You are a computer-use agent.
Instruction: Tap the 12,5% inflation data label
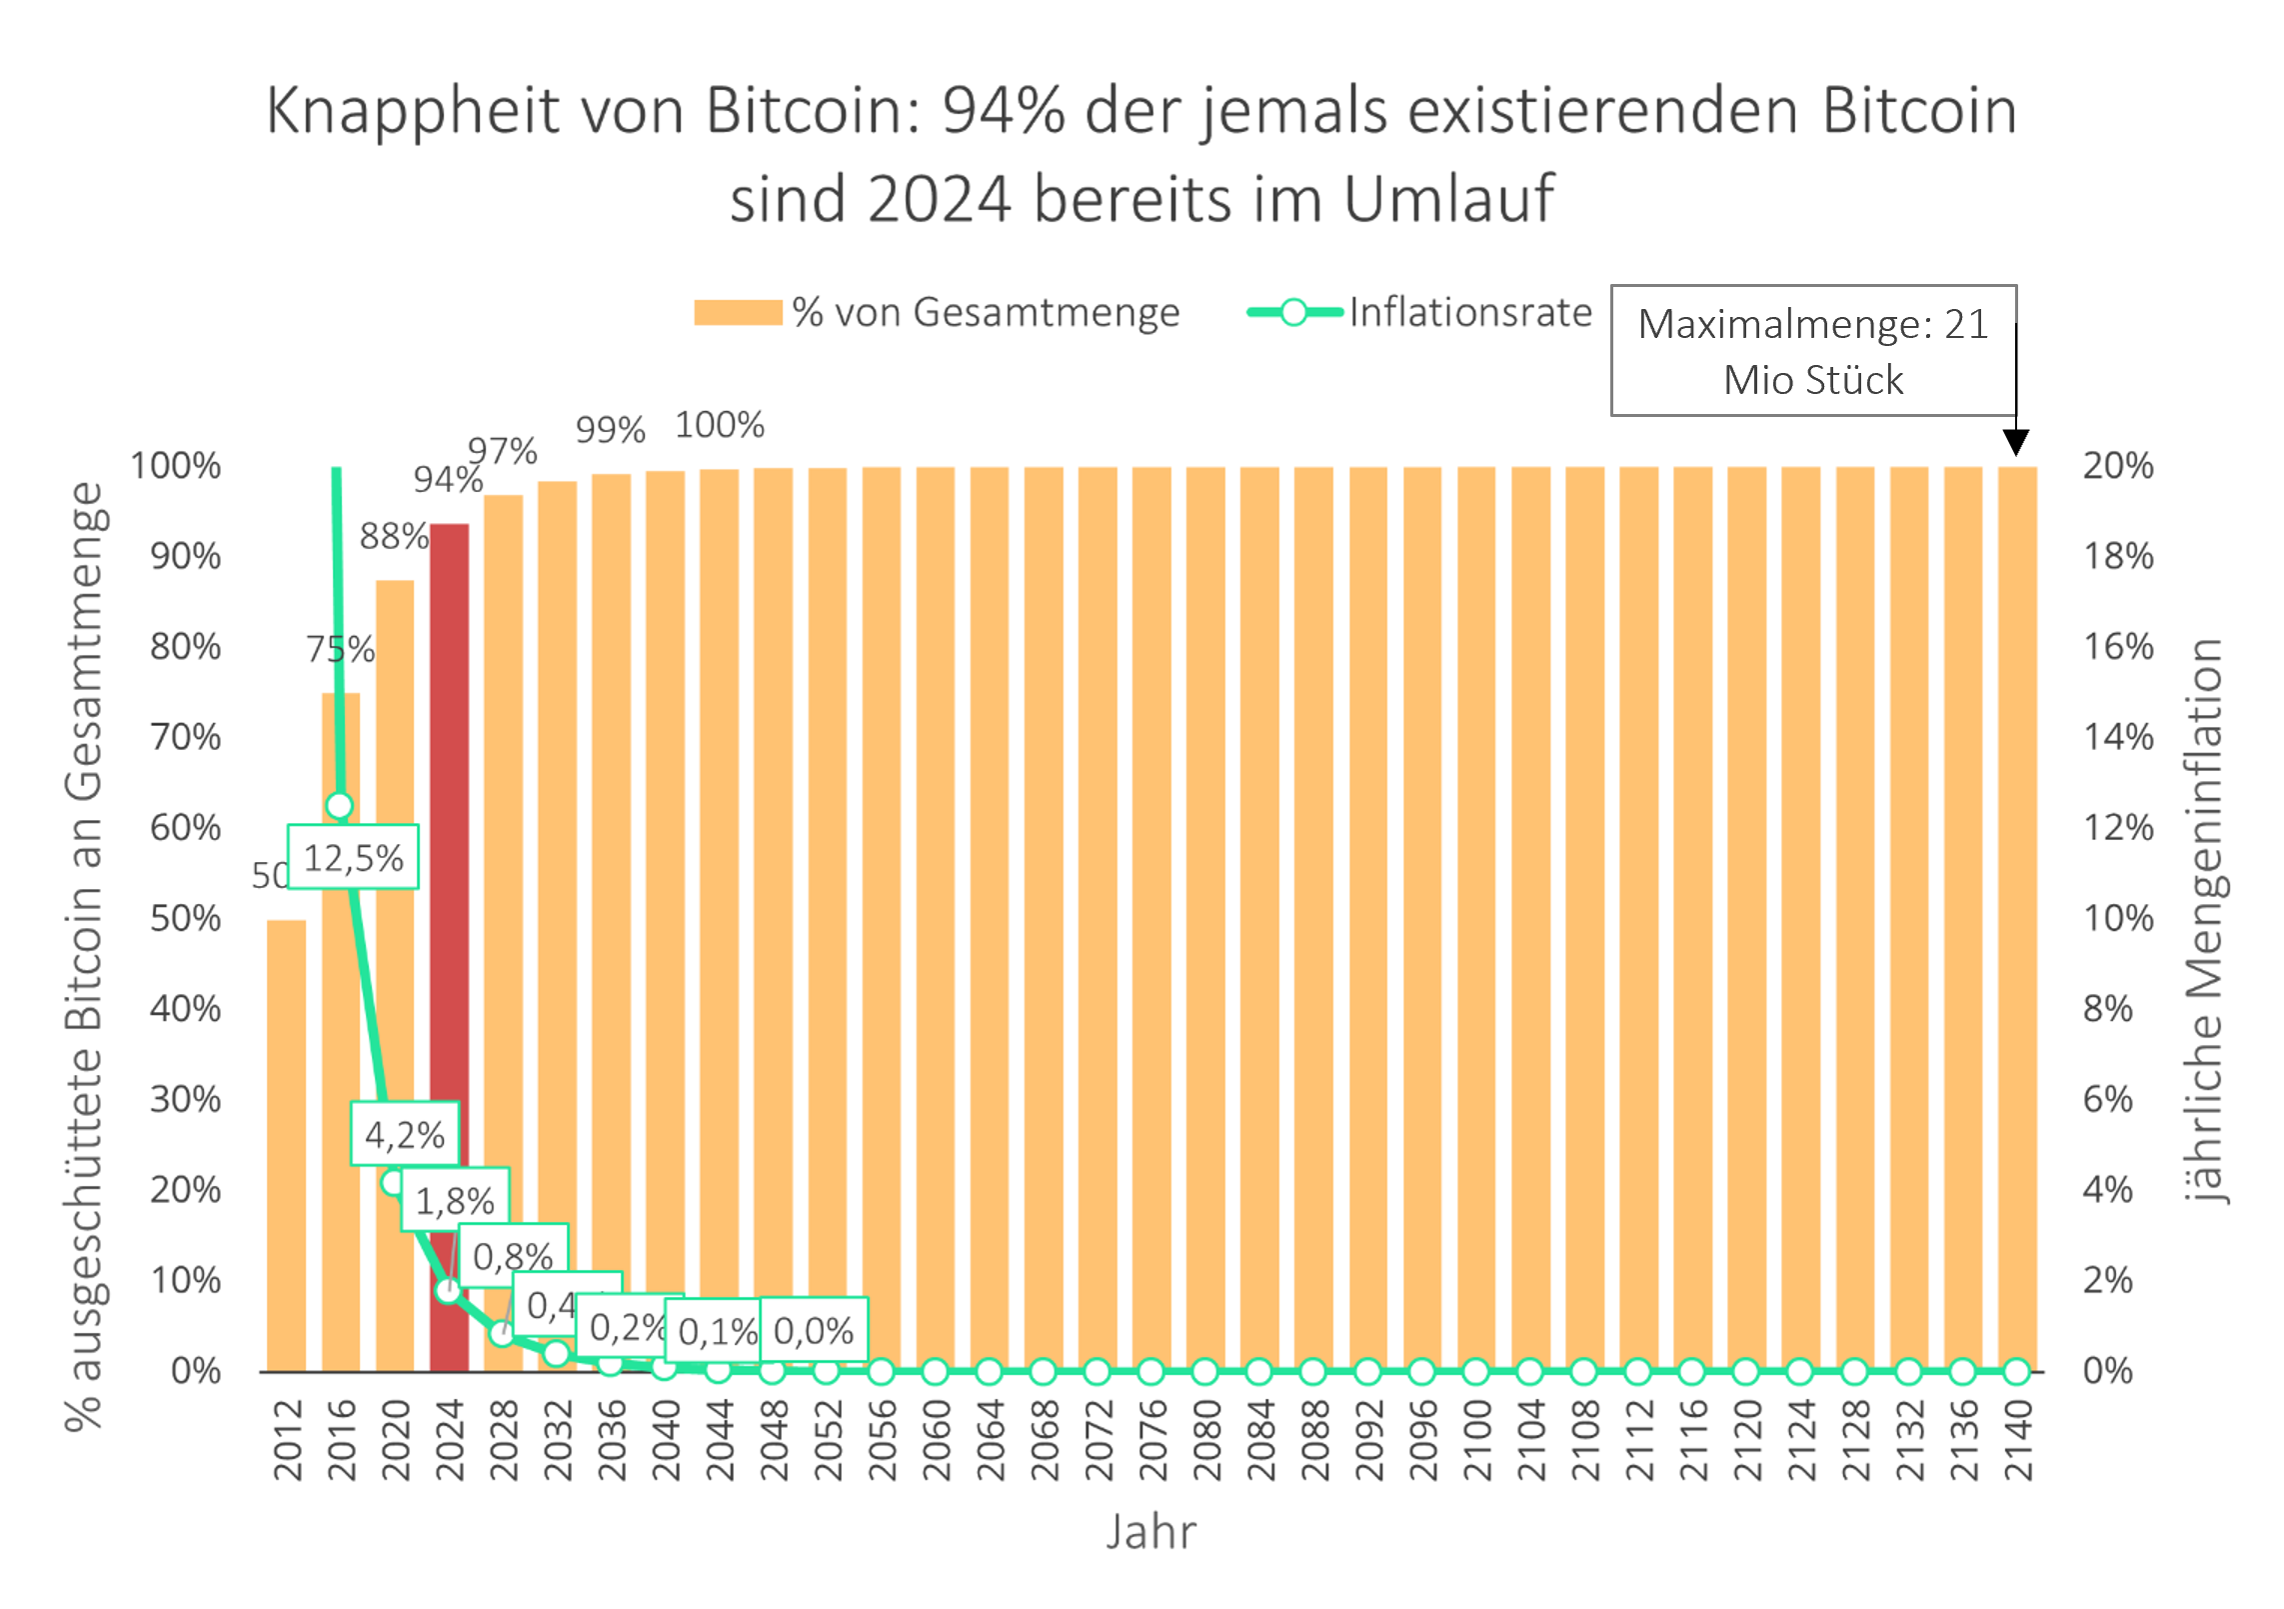click(353, 857)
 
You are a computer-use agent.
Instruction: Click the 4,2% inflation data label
click(405, 1134)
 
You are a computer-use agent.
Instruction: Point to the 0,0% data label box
click(814, 1330)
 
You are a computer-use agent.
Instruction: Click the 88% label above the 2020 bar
click(394, 537)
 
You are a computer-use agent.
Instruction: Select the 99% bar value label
click(610, 430)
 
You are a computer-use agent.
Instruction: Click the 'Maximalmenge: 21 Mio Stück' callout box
click(1812, 351)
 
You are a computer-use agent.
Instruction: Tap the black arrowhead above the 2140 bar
click(2016, 442)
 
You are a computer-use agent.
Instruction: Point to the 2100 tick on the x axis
click(1476, 1440)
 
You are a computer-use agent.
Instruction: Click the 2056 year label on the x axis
click(881, 1440)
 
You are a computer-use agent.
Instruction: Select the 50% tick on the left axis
click(186, 918)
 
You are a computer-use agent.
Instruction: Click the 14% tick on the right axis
click(2117, 737)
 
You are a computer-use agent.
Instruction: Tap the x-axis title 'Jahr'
click(1150, 1531)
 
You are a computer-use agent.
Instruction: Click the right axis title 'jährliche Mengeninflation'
click(2203, 920)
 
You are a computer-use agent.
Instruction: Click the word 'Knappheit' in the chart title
click(412, 112)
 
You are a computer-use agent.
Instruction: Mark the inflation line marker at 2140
click(2016, 1371)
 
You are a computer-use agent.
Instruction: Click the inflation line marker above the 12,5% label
click(339, 805)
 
